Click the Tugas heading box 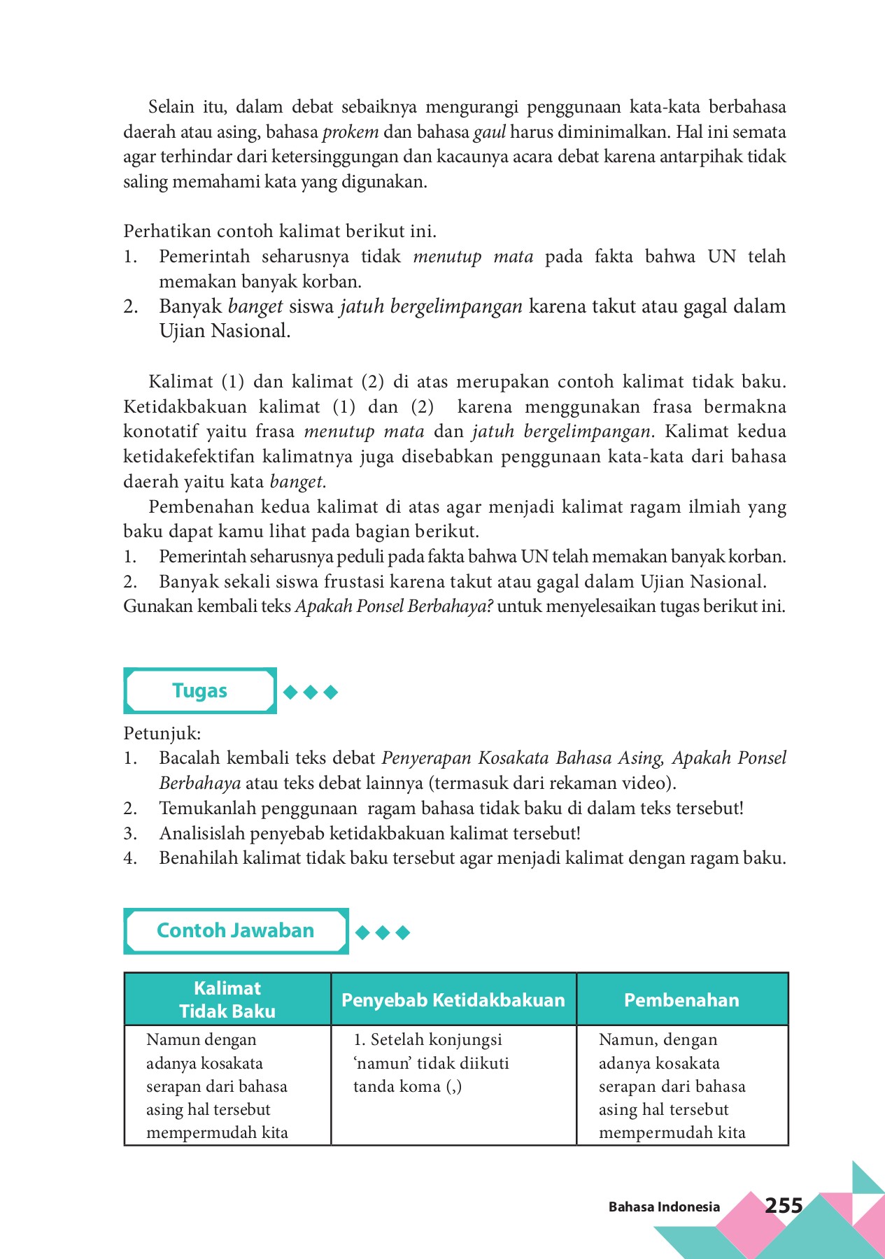(200, 691)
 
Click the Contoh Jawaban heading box (236, 931)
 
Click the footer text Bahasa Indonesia (663, 1207)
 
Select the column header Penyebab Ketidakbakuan (453, 1000)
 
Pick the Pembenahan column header (681, 1000)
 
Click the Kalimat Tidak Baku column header (227, 1000)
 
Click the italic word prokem (351, 132)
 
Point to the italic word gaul (490, 132)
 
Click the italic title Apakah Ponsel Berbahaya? (394, 606)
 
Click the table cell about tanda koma (431, 1063)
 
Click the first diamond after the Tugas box (290, 692)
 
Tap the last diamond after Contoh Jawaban (402, 932)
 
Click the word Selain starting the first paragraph (171, 107)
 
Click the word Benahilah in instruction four (198, 858)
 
